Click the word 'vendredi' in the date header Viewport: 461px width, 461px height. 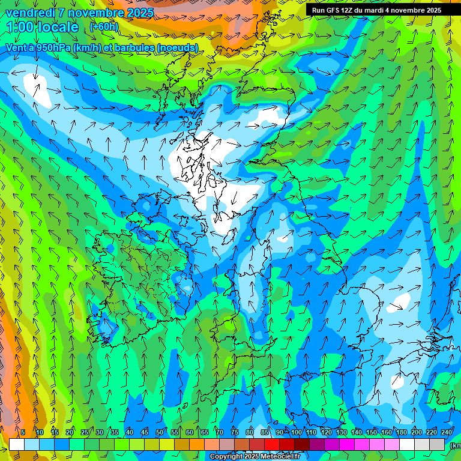[x=28, y=13]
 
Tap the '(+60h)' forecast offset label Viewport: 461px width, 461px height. [x=104, y=27]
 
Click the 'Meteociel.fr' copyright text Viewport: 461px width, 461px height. [x=278, y=457]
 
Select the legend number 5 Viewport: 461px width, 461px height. [x=23, y=433]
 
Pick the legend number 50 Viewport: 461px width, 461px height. [x=160, y=433]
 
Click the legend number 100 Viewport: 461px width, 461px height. [x=297, y=433]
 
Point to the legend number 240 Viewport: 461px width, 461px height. [x=447, y=433]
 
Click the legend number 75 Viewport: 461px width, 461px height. [x=235, y=433]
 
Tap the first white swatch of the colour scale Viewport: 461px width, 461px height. [x=17, y=445]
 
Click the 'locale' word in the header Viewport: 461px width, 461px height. [x=56, y=28]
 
